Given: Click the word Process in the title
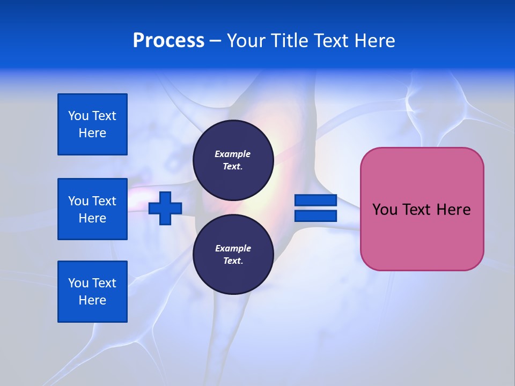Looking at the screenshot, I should click(x=168, y=41).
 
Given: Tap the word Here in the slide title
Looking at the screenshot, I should click(x=375, y=41).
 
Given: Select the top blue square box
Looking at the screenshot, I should click(x=92, y=124).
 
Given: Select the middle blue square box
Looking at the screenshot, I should click(x=92, y=209).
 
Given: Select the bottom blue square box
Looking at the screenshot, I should click(x=92, y=292).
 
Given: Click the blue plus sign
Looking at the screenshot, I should click(x=165, y=208).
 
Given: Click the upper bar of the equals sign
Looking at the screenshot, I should click(x=315, y=201).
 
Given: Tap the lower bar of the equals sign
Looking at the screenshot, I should click(x=315, y=216).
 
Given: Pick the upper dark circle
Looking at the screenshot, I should click(x=233, y=160).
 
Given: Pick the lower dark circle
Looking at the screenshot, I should click(x=233, y=255).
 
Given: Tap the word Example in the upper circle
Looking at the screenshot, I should click(x=233, y=154).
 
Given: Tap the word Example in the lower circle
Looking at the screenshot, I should click(x=233, y=248).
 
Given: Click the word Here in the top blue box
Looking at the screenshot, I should click(x=92, y=133).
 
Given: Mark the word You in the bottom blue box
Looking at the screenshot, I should click(x=78, y=283).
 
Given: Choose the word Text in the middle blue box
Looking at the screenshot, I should click(x=104, y=201).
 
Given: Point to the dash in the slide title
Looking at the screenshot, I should click(x=215, y=41).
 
